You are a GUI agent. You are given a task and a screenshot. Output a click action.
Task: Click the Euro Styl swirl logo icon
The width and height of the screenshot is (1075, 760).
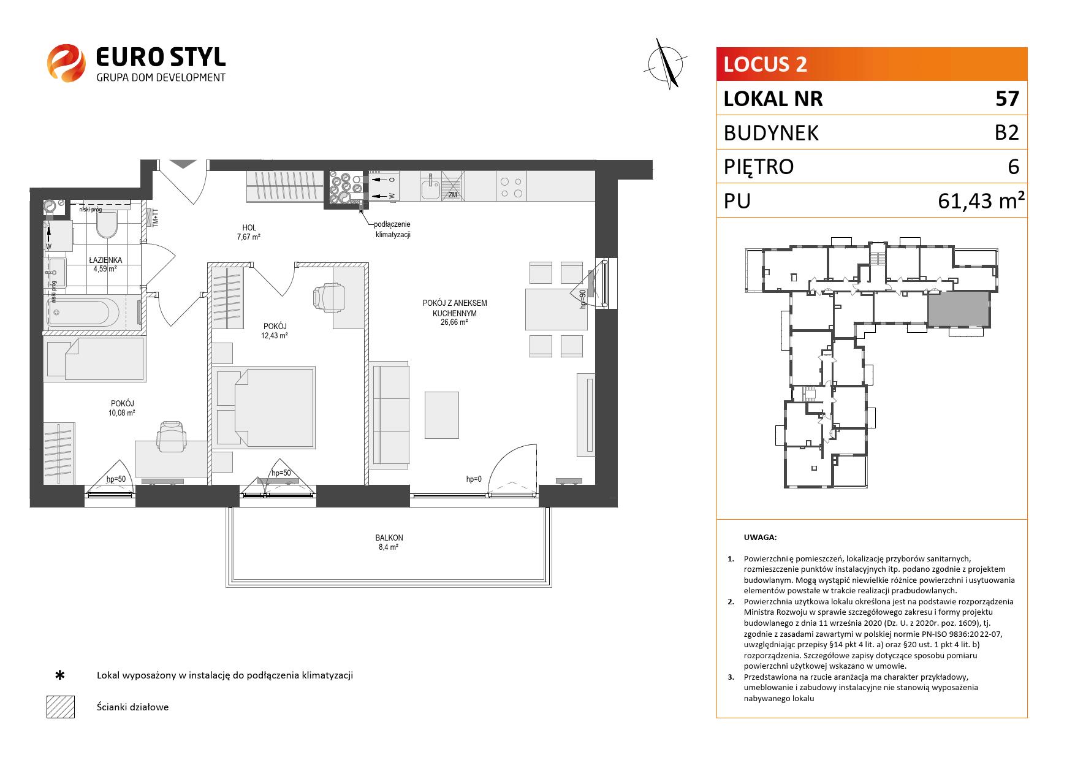[67, 63]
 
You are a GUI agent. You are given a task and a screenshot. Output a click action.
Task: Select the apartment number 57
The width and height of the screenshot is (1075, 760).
[1007, 99]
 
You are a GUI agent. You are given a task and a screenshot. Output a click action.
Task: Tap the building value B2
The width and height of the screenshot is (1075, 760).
[1006, 132]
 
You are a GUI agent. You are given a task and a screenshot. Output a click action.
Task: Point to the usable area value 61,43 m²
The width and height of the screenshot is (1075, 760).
[981, 200]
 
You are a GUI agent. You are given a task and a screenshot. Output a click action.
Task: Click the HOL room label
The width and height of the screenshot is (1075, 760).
[249, 227]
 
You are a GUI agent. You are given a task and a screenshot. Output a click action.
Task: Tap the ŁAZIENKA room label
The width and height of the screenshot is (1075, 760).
[105, 260]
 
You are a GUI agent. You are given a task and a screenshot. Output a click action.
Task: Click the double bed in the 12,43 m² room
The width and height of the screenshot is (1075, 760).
[264, 406]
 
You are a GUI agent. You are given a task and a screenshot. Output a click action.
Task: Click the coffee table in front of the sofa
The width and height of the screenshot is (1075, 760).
[441, 415]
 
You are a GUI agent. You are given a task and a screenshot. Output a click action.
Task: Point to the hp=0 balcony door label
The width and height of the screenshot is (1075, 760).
[474, 479]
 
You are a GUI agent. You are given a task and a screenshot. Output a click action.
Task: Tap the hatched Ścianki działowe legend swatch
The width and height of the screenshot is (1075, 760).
[61, 707]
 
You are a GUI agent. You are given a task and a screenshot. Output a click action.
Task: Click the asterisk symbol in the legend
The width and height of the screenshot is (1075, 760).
[60, 675]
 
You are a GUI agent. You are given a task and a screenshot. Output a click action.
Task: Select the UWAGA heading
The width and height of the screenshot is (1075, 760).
[760, 538]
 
